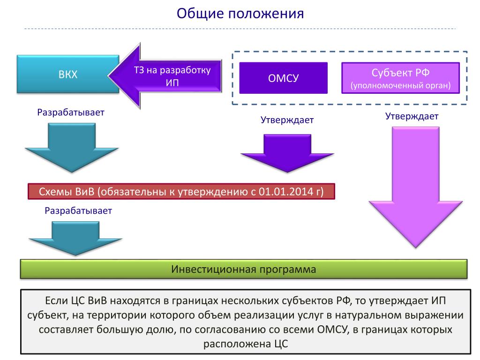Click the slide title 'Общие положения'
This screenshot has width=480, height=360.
coord(240,13)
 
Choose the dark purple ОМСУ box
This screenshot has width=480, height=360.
coord(283,78)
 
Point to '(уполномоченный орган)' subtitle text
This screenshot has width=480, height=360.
coord(400,85)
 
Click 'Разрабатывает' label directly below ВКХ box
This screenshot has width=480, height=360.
coord(71,112)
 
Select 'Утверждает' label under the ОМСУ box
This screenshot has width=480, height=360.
coord(287,120)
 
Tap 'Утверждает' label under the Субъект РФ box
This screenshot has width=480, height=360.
coord(412,117)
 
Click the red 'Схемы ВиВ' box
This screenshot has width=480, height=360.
coord(181,192)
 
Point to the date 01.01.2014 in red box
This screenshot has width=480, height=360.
coord(282,192)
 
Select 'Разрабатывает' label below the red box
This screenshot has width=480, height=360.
coord(78,210)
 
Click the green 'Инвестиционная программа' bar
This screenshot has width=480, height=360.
coord(243,270)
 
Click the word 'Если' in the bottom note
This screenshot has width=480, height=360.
coord(56,300)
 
